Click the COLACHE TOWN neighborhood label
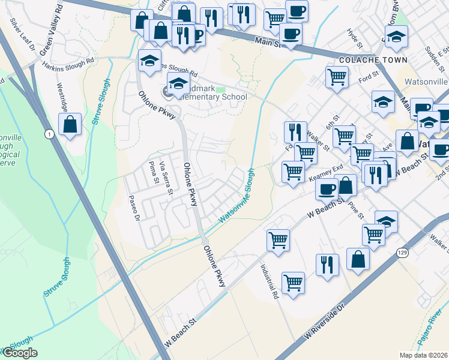click(x=373, y=60)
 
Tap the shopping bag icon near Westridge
click(x=70, y=125)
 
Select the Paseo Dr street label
click(x=135, y=205)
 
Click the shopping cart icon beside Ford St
click(x=337, y=77)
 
